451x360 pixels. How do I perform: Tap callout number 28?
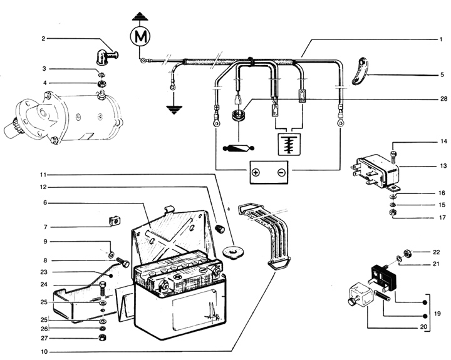click(x=442, y=99)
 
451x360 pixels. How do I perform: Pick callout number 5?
click(x=442, y=75)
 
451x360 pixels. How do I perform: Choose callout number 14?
click(x=442, y=142)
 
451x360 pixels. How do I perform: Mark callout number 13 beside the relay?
click(x=442, y=167)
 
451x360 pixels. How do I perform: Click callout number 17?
click(x=442, y=218)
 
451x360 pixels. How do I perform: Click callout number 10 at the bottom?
click(x=43, y=352)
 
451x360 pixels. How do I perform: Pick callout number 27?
click(x=43, y=339)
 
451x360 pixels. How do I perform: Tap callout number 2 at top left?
click(x=43, y=39)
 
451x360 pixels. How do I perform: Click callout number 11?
click(x=43, y=174)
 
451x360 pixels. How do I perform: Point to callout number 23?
click(x=43, y=272)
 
